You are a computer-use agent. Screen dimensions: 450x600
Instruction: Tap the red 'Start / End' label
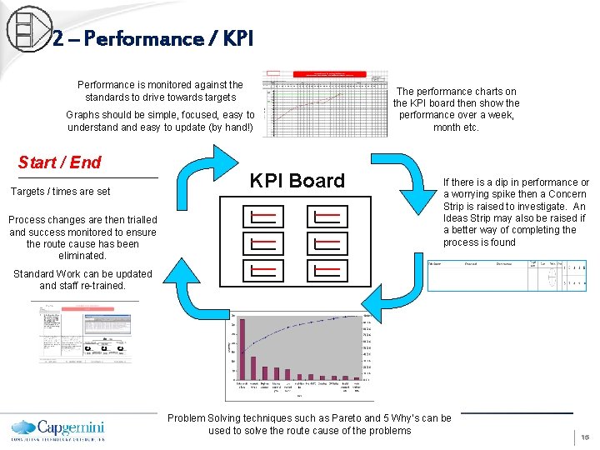(59, 162)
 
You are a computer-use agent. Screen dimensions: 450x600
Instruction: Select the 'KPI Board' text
(297, 181)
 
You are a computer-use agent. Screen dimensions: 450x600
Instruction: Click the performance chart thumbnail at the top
(325, 103)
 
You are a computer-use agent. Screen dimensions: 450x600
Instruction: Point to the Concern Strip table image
(506, 274)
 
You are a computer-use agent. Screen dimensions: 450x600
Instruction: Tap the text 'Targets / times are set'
(60, 192)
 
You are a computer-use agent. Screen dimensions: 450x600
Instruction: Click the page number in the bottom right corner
(585, 437)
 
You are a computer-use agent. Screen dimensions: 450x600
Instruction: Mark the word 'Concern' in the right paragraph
(567, 194)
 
